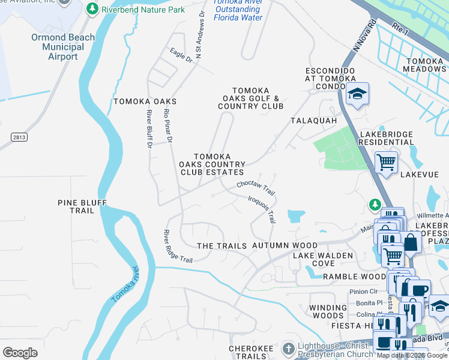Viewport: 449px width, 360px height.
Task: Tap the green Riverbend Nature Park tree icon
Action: coord(92,9)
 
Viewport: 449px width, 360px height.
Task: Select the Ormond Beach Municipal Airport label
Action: coord(63,47)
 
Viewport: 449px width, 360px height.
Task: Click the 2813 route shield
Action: coord(19,137)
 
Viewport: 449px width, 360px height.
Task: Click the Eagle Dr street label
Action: coord(181,56)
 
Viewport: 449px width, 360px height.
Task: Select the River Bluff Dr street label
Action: coord(149,127)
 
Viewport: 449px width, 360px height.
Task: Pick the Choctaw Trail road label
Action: coord(255,188)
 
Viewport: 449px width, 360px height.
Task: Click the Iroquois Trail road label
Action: coord(262,208)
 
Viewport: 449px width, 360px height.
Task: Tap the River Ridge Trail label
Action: coord(178,246)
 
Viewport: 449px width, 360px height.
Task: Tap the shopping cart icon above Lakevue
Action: coord(386,161)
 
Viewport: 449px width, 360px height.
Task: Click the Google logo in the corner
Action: coord(20,352)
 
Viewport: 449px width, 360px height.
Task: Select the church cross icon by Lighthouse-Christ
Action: coord(289,349)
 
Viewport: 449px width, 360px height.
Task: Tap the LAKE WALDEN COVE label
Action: coord(314,259)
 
